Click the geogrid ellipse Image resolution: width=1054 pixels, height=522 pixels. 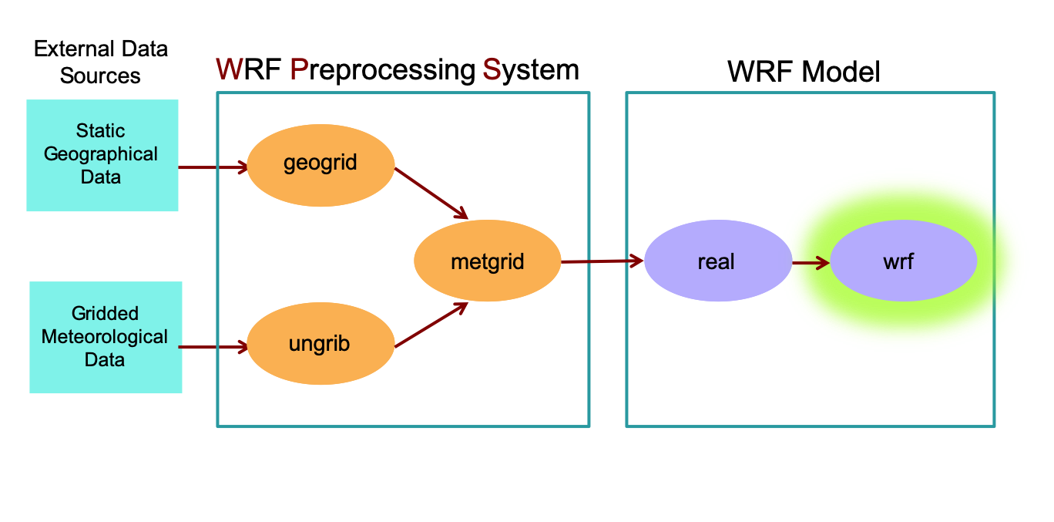[320, 164]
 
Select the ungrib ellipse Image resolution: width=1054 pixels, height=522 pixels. [320, 344]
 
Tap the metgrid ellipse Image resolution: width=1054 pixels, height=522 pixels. [487, 262]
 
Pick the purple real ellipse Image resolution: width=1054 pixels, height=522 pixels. [717, 262]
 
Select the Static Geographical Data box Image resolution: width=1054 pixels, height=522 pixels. [102, 155]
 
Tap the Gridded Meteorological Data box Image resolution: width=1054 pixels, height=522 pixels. [106, 337]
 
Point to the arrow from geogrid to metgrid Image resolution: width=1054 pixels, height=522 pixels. [431, 193]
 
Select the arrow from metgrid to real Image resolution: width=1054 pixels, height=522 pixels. [602, 261]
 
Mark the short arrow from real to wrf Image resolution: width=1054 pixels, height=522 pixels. [811, 263]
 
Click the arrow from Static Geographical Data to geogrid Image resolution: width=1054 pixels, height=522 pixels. [213, 167]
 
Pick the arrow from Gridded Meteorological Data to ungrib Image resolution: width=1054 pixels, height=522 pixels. [213, 347]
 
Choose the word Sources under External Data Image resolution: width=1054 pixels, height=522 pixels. [100, 76]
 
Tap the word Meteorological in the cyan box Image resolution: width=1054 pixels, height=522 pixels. [105, 337]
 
